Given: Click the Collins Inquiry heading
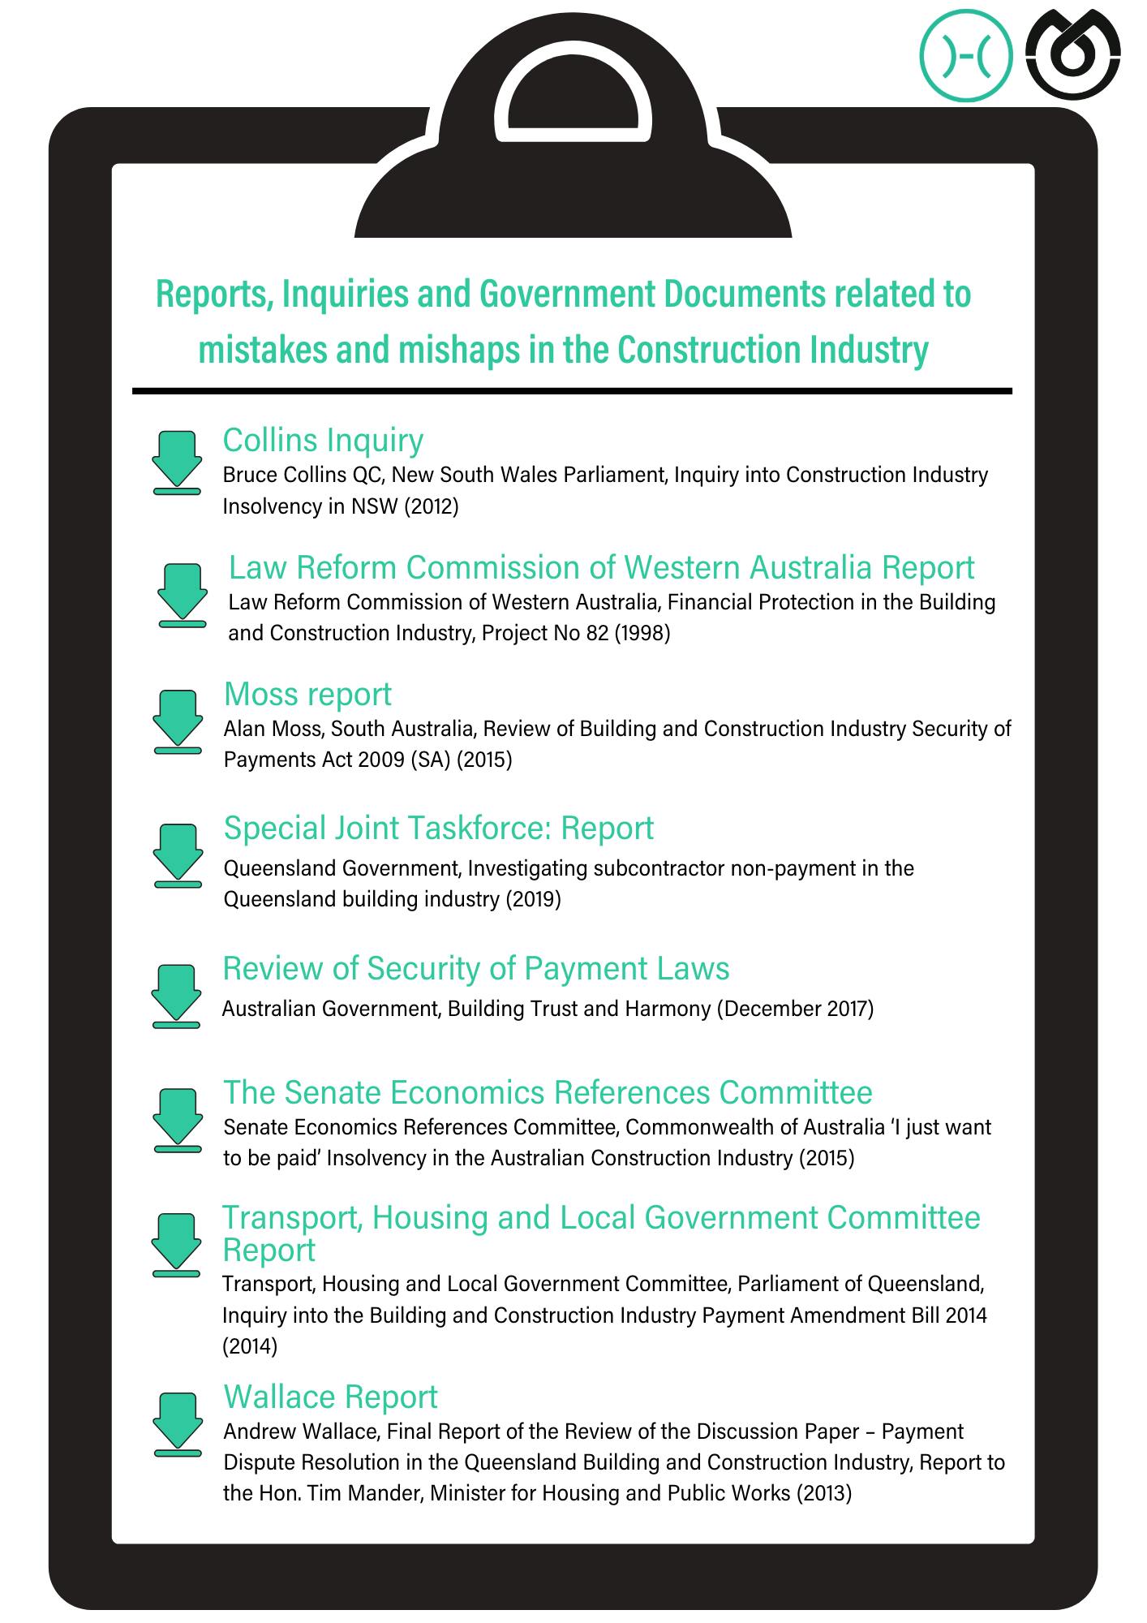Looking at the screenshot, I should (x=323, y=441).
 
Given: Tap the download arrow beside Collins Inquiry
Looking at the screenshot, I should (x=177, y=462).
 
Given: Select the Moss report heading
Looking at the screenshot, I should (x=307, y=695).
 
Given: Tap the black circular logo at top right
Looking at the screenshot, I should (x=1072, y=55).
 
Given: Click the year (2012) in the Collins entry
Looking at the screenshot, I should (x=431, y=507).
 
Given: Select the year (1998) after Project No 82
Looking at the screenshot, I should (x=642, y=634).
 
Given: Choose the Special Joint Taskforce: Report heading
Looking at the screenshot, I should (x=438, y=829).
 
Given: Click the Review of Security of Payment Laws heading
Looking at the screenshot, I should (x=475, y=969).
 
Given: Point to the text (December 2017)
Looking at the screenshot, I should (x=795, y=1010).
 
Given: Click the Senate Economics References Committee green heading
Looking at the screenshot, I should (x=548, y=1093).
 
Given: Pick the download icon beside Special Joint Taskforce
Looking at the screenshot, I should (x=177, y=855).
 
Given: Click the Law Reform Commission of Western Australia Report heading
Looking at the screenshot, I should (x=601, y=568).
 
